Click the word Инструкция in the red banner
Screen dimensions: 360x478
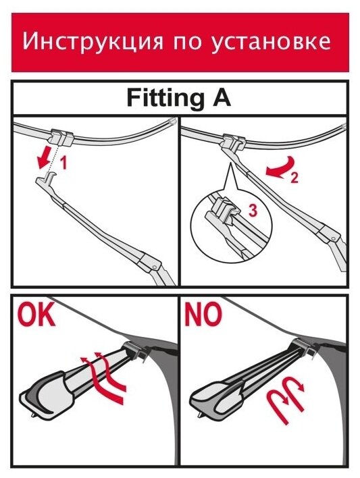(x=93, y=41)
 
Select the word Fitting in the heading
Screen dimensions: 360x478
(x=165, y=98)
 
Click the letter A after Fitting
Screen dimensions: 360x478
(x=222, y=97)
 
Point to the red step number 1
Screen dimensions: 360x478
(x=63, y=163)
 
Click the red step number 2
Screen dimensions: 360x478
(x=294, y=178)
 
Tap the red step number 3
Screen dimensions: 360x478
(x=253, y=211)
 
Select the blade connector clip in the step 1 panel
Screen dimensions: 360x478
(x=60, y=136)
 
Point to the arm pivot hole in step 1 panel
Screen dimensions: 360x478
(x=155, y=267)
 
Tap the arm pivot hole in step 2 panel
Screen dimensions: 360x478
(x=334, y=238)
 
